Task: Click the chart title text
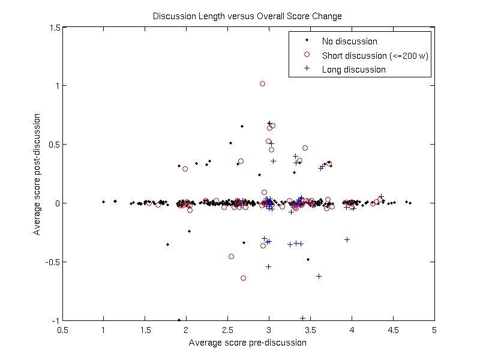pos(247,16)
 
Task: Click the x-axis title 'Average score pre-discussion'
pos(247,343)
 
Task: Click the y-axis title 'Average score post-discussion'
pos(37,175)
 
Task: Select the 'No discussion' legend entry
pos(349,41)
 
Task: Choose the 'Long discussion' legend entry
pos(353,70)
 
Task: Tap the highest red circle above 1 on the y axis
pos(262,84)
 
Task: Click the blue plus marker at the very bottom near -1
pos(302,318)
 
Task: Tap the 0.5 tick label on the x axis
pos(62,331)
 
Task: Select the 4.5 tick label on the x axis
pos(392,331)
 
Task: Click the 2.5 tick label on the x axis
pos(227,331)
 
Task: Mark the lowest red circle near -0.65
pos(243,278)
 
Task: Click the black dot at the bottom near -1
pos(179,320)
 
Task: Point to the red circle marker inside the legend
pos(307,55)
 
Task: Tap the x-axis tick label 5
pos(434,331)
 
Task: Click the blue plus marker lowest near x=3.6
pos(319,276)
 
